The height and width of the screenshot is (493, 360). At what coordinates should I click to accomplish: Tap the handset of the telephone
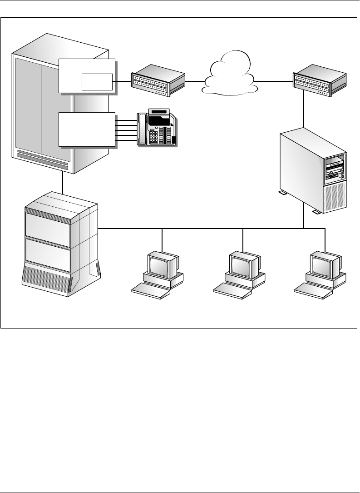pos(143,129)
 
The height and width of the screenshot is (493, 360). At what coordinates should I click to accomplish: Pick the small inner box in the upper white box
pos(97,81)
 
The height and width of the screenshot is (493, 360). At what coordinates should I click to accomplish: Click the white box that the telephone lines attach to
pos(87,129)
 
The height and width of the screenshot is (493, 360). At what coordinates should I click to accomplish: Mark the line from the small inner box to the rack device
pos(122,81)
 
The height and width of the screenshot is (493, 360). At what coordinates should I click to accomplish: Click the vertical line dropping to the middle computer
pos(244,239)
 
